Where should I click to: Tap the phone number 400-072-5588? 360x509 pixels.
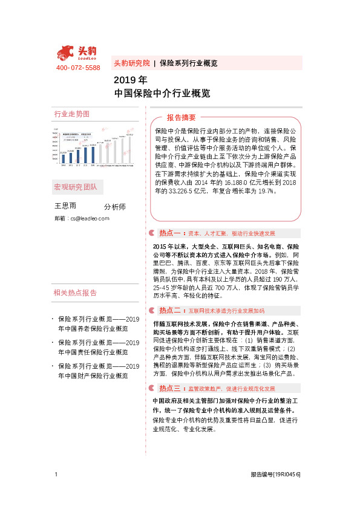(78, 68)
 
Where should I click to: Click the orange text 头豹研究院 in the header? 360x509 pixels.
(132, 63)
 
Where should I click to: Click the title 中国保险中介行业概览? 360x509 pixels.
(162, 94)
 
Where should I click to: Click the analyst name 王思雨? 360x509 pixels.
(65, 206)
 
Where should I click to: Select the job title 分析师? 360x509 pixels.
(115, 207)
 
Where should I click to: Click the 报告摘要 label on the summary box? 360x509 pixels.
(182, 117)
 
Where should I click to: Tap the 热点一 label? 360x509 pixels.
(171, 233)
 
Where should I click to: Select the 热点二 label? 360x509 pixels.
(171, 310)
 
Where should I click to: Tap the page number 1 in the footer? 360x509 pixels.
(56, 474)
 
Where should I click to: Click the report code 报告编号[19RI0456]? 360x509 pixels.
(275, 475)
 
